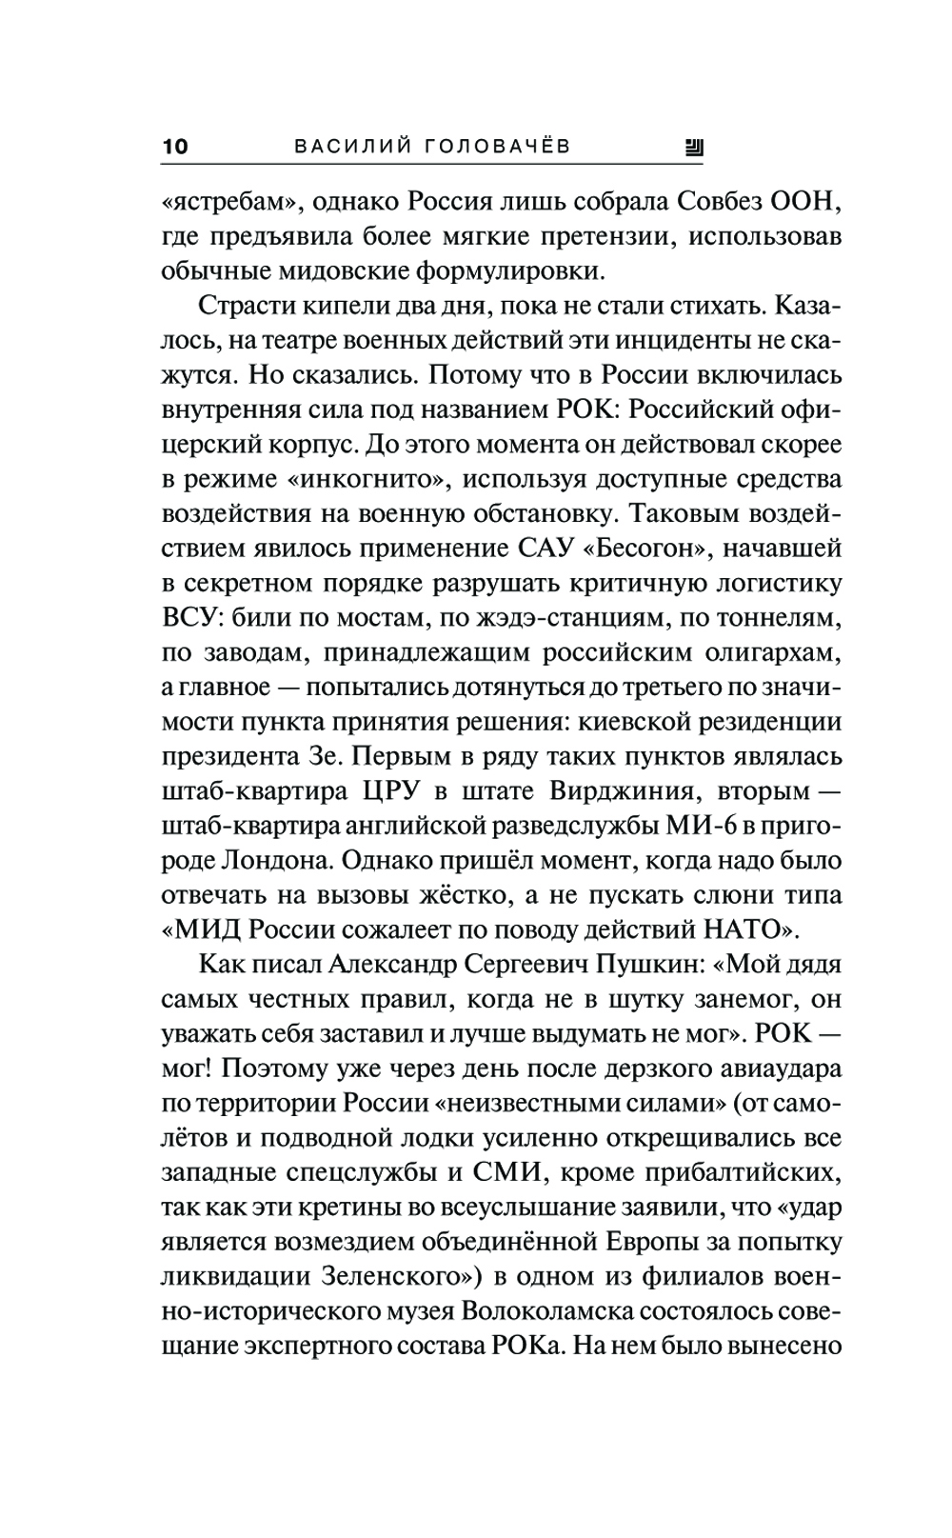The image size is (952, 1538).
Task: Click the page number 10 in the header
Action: point(176,147)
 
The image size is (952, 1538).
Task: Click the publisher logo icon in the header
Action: point(693,147)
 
